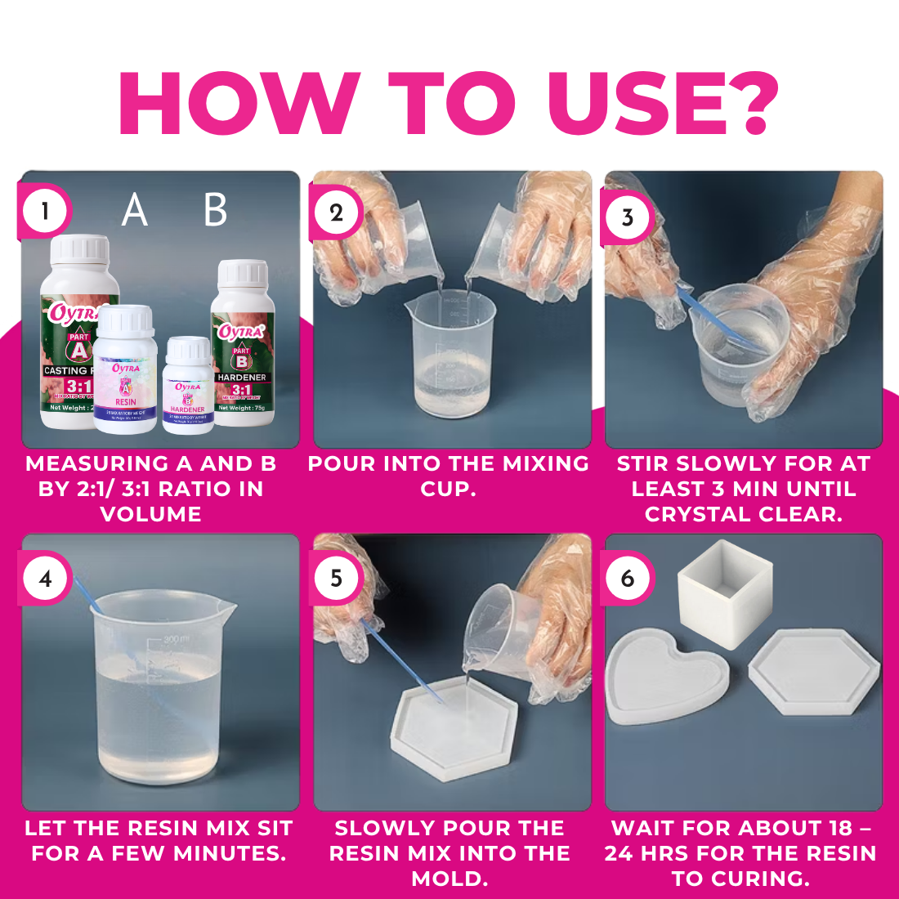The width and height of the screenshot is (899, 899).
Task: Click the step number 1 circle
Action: point(45,212)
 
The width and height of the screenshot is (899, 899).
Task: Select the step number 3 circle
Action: point(628,217)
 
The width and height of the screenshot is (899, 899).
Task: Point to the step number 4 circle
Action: point(45,579)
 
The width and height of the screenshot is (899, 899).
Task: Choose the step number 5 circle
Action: point(336,579)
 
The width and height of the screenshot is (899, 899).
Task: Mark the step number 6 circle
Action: point(628,579)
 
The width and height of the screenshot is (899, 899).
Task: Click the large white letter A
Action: point(135,211)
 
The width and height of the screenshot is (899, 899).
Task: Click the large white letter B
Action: point(215,211)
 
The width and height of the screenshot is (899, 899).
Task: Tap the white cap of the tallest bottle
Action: point(79,250)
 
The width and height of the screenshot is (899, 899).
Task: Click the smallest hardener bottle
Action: point(188,384)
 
